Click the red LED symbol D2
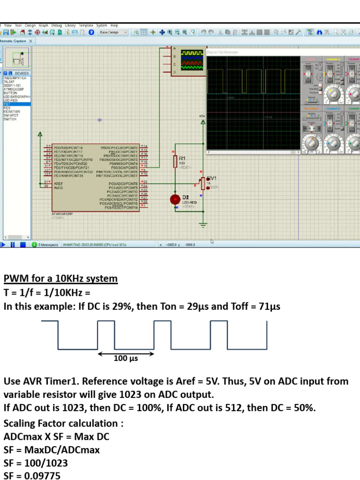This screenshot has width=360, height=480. click(x=175, y=199)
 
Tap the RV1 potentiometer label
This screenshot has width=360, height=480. click(x=212, y=178)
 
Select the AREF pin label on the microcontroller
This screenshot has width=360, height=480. click(x=59, y=183)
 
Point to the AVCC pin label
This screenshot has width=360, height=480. click(x=59, y=187)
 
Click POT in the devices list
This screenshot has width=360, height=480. click(x=7, y=104)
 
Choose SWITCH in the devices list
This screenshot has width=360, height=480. click(x=10, y=119)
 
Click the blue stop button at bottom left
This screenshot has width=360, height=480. click(x=22, y=244)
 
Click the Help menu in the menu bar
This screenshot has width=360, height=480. click(x=114, y=25)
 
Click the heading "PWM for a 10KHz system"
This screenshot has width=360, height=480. click(x=60, y=279)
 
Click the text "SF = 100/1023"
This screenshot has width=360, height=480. click(x=36, y=463)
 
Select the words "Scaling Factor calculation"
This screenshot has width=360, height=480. click(x=61, y=423)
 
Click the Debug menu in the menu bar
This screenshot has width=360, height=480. click(x=57, y=25)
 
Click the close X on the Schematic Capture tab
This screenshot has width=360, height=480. click(x=31, y=41)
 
